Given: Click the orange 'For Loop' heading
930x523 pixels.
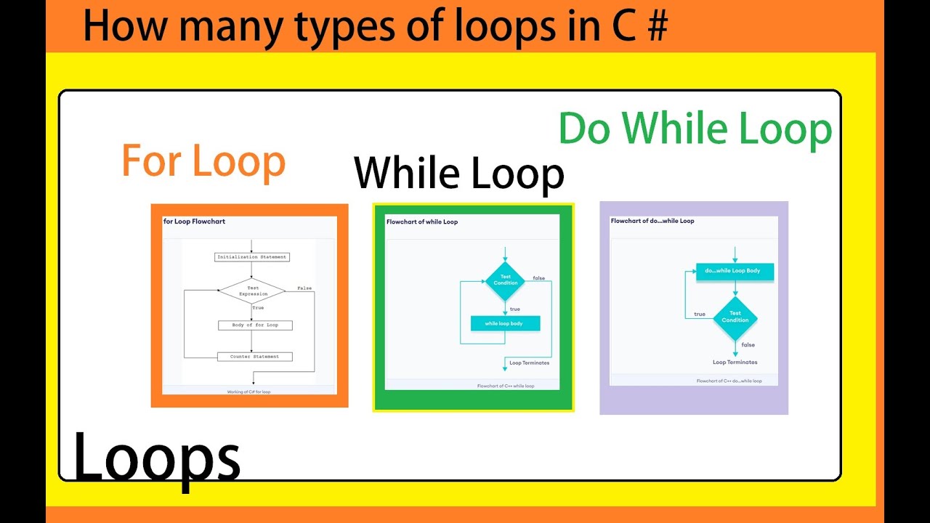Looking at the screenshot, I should [203, 161].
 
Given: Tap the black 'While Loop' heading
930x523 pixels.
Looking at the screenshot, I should [458, 174].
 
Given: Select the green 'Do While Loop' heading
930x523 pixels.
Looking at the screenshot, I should [695, 129].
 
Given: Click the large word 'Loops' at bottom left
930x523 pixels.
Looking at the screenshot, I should [156, 457].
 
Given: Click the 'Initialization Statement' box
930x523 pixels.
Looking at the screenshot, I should [252, 257].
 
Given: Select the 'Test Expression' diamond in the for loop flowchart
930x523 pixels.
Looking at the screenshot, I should [253, 291].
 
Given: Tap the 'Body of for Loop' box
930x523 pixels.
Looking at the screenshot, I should [255, 325].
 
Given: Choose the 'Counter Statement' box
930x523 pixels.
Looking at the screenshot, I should [255, 357].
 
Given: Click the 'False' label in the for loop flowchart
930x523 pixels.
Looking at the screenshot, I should [304, 288].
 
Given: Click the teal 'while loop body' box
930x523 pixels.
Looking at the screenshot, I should [505, 323].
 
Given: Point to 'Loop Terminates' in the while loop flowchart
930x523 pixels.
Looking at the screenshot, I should [529, 362].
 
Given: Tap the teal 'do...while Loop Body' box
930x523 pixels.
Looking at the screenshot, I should [735, 271].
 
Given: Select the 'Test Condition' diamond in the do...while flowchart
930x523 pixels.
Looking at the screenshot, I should [735, 317].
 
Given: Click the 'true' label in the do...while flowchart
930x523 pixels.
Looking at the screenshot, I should [700, 314].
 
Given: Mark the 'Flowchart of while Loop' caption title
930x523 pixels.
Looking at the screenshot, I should [422, 222].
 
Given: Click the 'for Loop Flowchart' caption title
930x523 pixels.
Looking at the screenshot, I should [194, 221].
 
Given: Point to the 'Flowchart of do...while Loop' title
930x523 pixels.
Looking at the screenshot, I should [652, 221].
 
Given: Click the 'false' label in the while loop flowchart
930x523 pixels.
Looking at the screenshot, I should [538, 278].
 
